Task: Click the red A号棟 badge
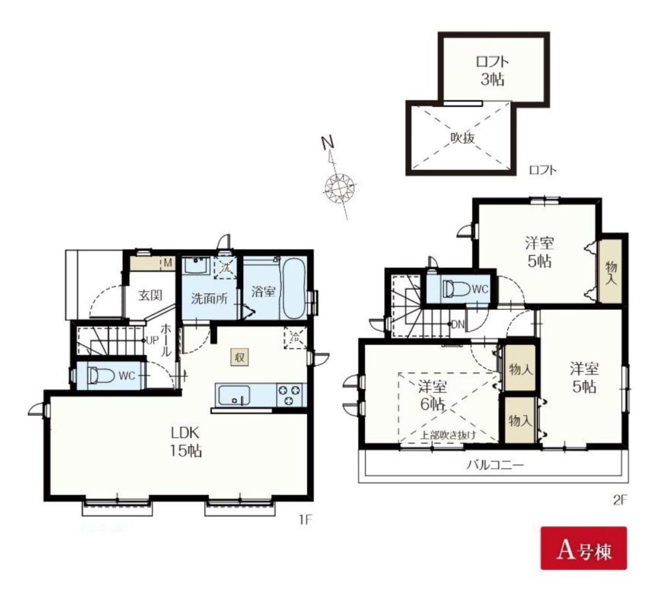(x=584, y=548)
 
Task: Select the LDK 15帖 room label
(x=186, y=442)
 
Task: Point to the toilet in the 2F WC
(x=456, y=289)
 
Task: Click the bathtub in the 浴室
(x=295, y=290)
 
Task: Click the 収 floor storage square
(x=239, y=358)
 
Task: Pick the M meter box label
(x=167, y=263)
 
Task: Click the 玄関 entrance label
(x=150, y=295)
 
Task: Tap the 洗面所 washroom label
(x=209, y=298)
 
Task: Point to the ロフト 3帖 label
(x=492, y=70)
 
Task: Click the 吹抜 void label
(x=463, y=138)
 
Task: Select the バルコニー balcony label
(x=495, y=465)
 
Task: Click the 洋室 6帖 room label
(x=432, y=395)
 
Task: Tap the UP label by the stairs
(x=152, y=340)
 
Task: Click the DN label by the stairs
(x=458, y=325)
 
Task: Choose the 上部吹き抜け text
(x=447, y=435)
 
